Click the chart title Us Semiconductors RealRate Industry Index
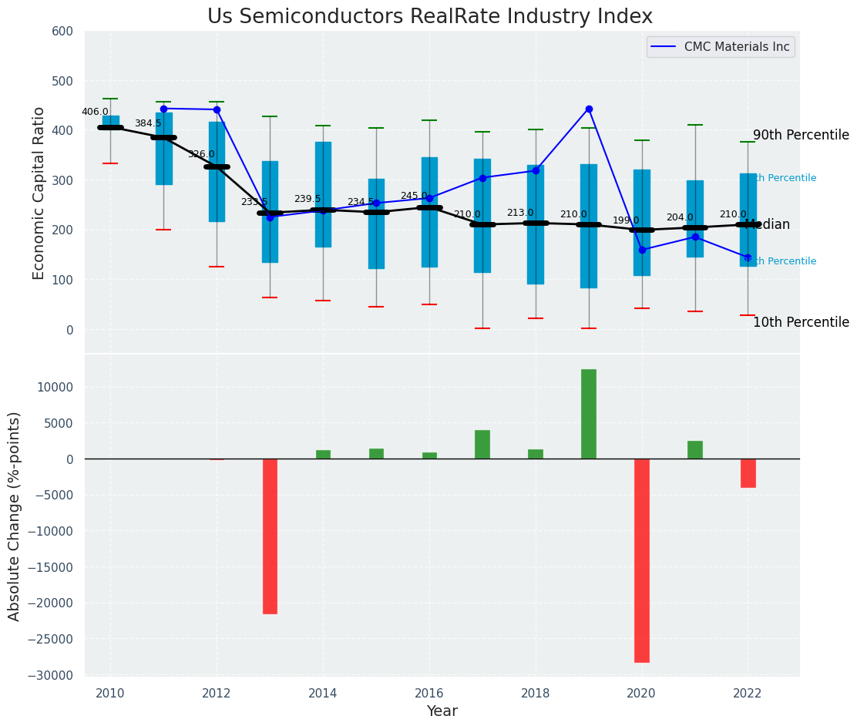pos(430,17)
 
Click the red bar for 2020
pos(642,560)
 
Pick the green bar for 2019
pos(589,414)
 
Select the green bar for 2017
pos(482,445)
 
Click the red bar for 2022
pos(748,473)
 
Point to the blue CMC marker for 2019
pos(589,109)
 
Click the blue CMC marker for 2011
pos(163,109)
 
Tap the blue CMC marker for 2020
pos(642,250)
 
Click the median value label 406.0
pos(96,112)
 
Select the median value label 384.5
pos(148,123)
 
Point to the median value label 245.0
pos(414,196)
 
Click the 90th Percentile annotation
pos(801,136)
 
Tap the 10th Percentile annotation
pos(801,322)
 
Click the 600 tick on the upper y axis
pos(62,32)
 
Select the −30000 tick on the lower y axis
pos(52,675)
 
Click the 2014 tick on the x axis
pos(323,693)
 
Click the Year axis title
pos(442,711)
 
